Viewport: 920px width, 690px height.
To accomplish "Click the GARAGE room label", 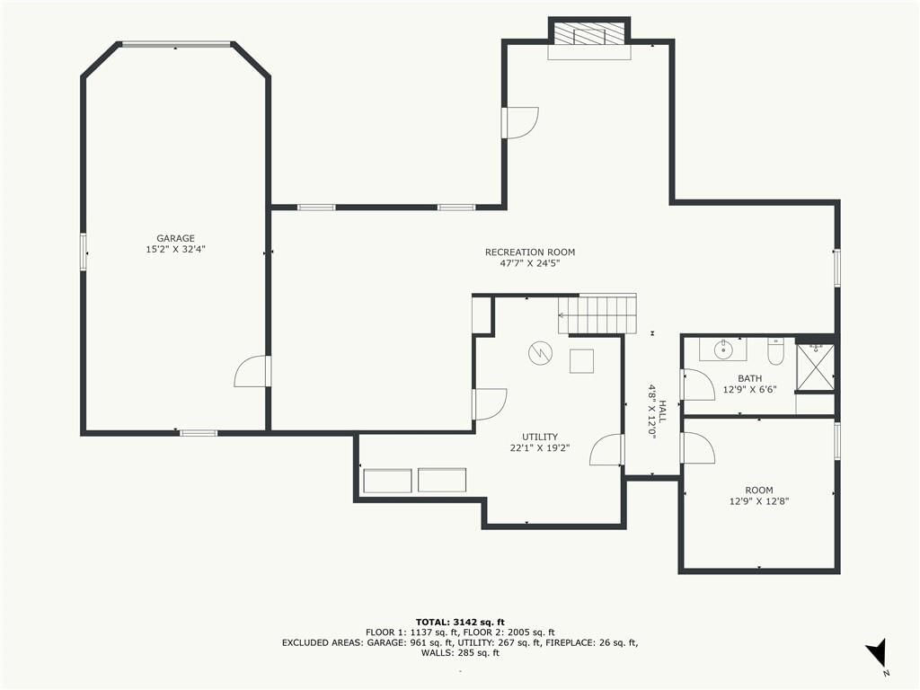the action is tap(175, 238).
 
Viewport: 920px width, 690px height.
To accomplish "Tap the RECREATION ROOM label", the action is tap(530, 252).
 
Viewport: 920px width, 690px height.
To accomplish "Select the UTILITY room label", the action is tap(540, 438).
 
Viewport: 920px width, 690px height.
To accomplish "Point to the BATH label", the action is tap(750, 378).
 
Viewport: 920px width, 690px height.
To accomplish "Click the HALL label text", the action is tap(662, 411).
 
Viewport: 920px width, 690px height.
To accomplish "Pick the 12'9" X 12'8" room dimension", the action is tap(758, 501).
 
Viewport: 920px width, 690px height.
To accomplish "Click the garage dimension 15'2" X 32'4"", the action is tap(175, 250).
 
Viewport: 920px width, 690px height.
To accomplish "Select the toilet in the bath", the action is tap(775, 351).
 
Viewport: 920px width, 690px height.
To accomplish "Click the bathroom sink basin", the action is tap(723, 349).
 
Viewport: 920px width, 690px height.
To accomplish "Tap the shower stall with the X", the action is tap(815, 367).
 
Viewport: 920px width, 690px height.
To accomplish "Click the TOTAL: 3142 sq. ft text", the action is tap(460, 622).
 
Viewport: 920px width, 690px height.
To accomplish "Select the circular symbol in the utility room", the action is tap(540, 353).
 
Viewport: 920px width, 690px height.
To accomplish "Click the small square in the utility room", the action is tap(581, 361).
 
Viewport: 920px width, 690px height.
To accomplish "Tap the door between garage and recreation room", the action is tap(252, 371).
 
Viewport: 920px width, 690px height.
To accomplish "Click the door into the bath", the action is tap(697, 385).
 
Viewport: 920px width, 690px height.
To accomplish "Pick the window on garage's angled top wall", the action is tap(176, 44).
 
